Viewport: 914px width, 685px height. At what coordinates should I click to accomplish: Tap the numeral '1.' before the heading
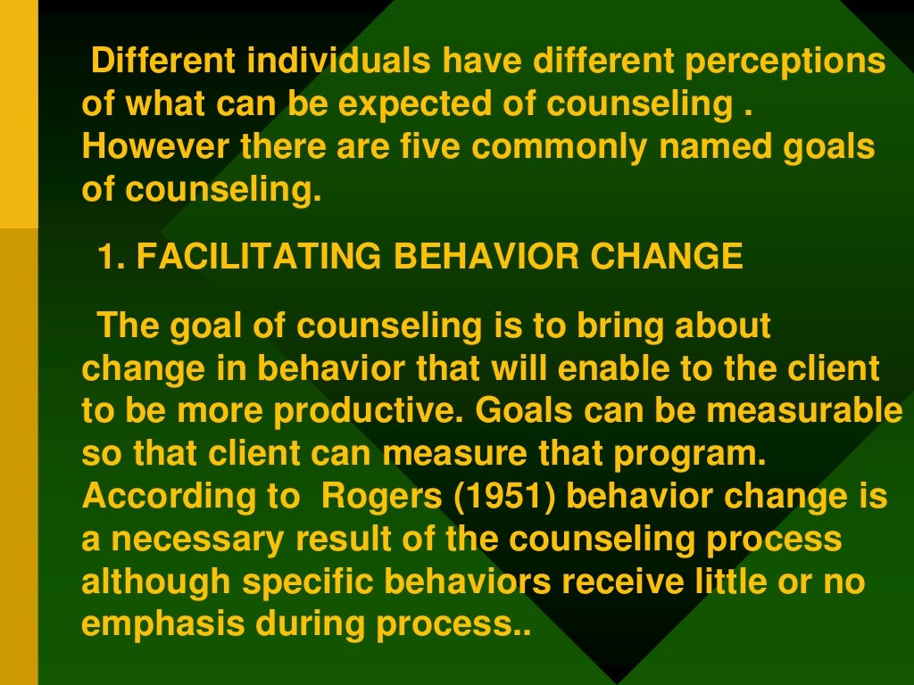pyautogui.click(x=113, y=257)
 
